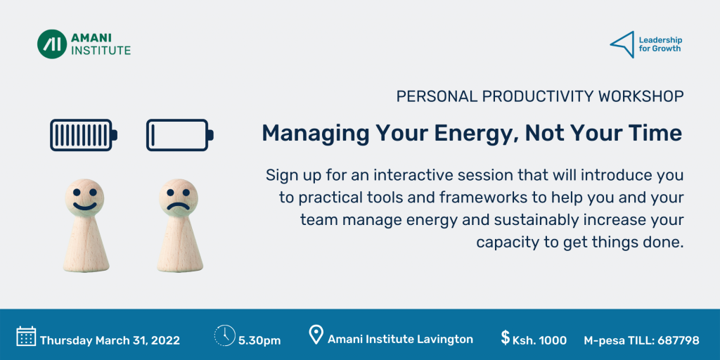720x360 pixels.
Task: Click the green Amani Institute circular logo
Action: point(52,44)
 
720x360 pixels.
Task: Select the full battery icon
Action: point(84,135)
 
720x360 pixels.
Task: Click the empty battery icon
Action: point(180,135)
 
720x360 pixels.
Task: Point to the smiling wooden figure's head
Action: point(84,198)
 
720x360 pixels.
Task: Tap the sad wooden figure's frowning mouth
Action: point(178,206)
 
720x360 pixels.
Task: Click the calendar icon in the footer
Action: point(26,336)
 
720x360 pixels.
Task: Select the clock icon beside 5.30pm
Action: point(224,335)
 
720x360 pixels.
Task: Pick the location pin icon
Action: point(316,335)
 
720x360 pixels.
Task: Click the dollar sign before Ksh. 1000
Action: point(505,337)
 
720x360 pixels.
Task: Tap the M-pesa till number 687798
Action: point(679,341)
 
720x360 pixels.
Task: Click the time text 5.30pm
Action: point(259,341)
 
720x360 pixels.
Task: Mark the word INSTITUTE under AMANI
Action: point(101,50)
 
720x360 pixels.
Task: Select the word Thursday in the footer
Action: point(65,341)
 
